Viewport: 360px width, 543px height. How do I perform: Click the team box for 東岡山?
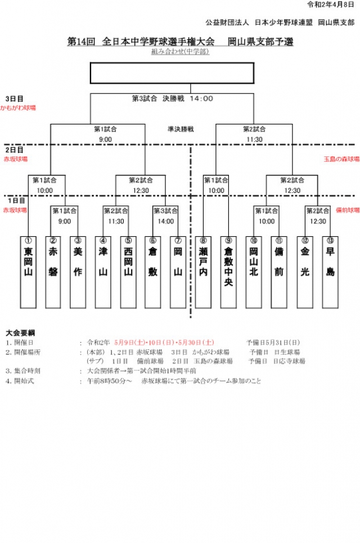tap(28, 272)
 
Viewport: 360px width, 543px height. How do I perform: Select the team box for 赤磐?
tap(53, 272)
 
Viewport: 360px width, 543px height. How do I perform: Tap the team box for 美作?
tap(78, 272)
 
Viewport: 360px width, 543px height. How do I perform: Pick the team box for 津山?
tap(102, 272)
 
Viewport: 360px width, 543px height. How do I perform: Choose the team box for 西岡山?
tap(128, 272)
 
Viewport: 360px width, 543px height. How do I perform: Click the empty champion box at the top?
tap(191, 73)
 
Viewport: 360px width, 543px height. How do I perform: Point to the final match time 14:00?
tap(201, 98)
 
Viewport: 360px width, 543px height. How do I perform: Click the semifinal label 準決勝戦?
tap(180, 129)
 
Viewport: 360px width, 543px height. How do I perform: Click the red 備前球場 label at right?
tap(347, 210)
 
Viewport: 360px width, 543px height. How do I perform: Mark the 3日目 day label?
tap(14, 98)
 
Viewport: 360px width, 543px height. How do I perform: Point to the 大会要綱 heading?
tap(20, 333)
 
